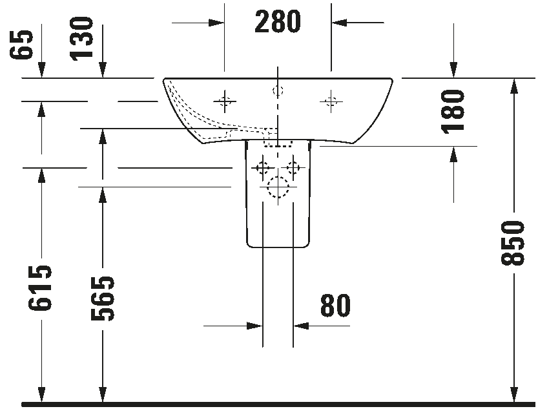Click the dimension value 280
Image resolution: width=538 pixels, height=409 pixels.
point(278,21)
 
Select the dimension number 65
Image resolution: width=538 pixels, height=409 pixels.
point(21,45)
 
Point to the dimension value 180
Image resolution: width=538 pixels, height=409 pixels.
point(453,112)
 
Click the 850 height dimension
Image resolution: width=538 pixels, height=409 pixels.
point(513,243)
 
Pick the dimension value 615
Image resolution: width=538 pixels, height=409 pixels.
point(40,288)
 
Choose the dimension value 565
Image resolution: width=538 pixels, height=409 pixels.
point(102,298)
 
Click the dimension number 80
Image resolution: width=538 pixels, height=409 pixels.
point(336,305)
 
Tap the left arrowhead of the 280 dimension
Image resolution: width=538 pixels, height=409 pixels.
point(216,23)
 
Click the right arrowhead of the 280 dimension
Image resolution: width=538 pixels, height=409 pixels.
point(339,23)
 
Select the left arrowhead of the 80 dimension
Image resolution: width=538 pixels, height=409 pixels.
point(254,326)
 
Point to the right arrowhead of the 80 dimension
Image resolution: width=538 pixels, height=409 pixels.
point(301,326)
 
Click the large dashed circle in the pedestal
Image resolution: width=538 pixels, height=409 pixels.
point(278,187)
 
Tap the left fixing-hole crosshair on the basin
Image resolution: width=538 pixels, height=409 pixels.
point(225,101)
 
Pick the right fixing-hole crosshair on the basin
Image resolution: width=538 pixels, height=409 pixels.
point(331,101)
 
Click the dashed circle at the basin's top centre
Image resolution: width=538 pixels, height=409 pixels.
point(278,91)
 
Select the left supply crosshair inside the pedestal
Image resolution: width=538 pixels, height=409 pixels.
point(263,168)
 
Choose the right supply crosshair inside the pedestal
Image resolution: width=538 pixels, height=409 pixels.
point(293,168)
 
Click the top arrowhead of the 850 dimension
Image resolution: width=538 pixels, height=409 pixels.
point(513,86)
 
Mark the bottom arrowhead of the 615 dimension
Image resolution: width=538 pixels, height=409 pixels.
point(41,395)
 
